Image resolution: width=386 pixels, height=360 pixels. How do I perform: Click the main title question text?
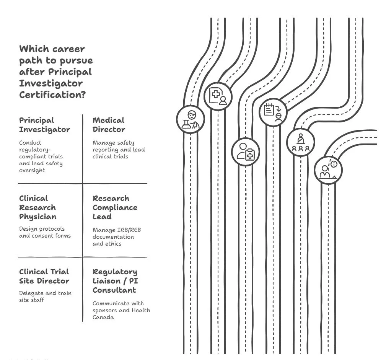click(x=56, y=72)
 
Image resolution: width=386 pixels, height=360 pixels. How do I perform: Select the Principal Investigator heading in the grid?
click(x=44, y=125)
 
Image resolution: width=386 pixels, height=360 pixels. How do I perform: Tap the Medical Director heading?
click(x=109, y=125)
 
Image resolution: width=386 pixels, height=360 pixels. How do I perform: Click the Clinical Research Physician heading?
click(x=38, y=207)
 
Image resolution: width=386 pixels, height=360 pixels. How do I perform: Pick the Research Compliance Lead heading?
click(x=115, y=207)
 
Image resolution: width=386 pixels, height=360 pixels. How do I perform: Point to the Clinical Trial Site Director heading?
click(x=44, y=276)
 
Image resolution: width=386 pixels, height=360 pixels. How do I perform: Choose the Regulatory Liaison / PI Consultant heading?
click(x=115, y=281)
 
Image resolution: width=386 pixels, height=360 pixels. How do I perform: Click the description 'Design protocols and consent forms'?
click(x=45, y=232)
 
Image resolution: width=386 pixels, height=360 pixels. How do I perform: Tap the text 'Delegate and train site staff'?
click(x=45, y=296)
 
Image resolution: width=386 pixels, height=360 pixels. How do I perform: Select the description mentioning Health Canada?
click(x=121, y=310)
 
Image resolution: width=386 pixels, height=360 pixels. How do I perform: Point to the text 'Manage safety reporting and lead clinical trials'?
click(x=119, y=150)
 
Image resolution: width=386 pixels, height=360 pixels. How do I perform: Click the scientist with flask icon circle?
click(x=190, y=119)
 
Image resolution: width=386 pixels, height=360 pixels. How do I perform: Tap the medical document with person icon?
click(x=218, y=96)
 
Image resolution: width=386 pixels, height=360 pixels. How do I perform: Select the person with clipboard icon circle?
click(x=246, y=151)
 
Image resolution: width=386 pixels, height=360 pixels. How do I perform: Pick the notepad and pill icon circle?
click(x=273, y=111)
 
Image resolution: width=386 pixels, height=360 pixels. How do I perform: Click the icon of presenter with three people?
click(x=301, y=142)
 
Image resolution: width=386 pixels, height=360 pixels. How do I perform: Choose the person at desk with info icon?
click(x=328, y=170)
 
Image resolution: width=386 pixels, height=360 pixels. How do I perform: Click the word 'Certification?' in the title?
click(x=52, y=94)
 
